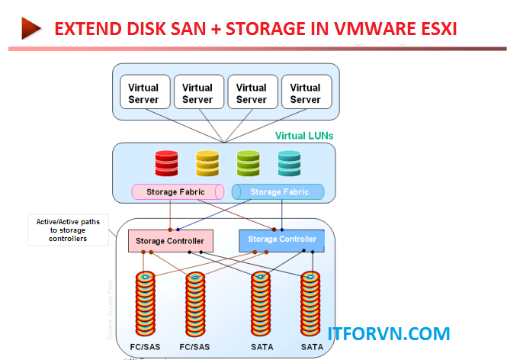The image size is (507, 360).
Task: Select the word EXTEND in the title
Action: tap(87, 30)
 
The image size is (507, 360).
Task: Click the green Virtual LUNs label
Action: tap(303, 136)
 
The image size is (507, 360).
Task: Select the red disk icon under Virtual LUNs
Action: tap(166, 162)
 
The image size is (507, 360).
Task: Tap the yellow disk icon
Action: tap(207, 162)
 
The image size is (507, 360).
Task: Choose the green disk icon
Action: tap(249, 162)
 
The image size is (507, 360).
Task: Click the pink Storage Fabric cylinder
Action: tap(177, 191)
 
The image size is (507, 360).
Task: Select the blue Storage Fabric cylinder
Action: tap(278, 191)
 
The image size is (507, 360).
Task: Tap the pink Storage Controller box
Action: tap(170, 240)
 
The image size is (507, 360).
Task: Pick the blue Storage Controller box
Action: tap(282, 239)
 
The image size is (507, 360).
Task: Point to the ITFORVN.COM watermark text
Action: tap(388, 333)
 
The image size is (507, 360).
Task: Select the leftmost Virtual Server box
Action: tap(143, 93)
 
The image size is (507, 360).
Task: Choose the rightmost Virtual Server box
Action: tap(305, 93)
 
